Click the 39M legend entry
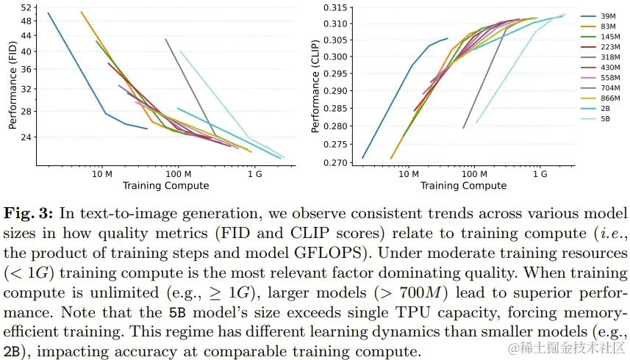coord(608,16)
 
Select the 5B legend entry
coord(605,118)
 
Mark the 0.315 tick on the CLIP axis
coord(334,8)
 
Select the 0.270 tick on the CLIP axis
coord(334,163)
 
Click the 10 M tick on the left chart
coord(101,175)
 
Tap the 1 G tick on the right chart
coord(540,175)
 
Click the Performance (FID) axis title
coord(12,86)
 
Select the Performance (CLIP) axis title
coord(315,86)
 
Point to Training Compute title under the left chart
coord(165,186)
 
